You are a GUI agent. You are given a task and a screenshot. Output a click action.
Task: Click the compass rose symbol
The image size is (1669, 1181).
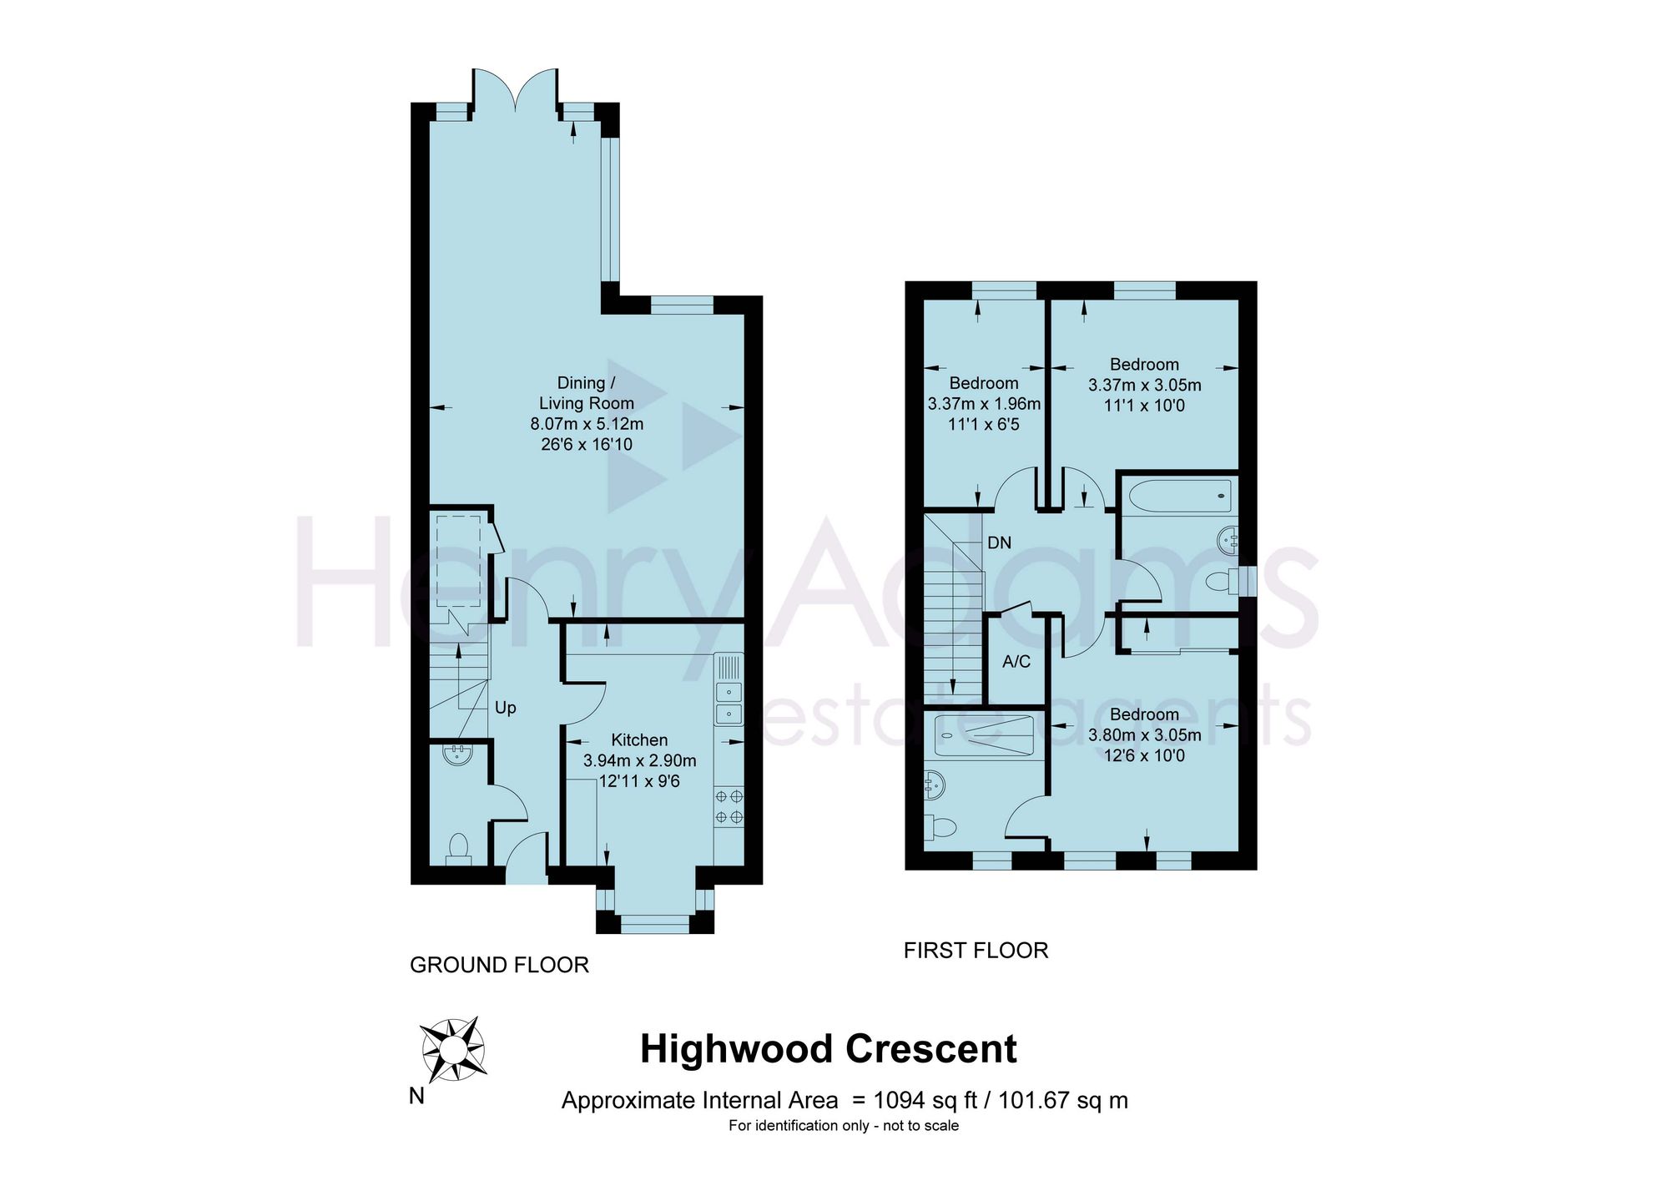(x=453, y=1049)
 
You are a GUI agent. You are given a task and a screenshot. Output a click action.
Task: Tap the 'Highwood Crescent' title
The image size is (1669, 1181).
(x=828, y=1049)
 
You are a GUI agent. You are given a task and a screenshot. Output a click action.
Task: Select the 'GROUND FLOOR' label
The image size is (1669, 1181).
(x=499, y=965)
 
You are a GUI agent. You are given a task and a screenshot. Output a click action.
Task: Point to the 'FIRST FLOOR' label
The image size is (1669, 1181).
(x=976, y=950)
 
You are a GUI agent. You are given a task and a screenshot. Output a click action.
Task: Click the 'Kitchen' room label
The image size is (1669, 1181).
(x=639, y=740)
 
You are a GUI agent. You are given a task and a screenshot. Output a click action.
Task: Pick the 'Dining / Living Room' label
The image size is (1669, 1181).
(x=586, y=393)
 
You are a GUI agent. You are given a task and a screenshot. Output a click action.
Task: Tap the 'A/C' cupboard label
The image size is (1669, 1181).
(x=1016, y=662)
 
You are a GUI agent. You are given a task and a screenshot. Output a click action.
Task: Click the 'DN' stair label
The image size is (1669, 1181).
(x=999, y=543)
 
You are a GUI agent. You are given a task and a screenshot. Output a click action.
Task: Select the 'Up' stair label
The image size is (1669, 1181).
(x=505, y=708)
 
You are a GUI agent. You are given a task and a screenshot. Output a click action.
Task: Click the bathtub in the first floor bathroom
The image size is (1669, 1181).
(x=1178, y=495)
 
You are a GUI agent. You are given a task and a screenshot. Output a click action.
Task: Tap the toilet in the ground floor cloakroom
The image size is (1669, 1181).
(x=458, y=848)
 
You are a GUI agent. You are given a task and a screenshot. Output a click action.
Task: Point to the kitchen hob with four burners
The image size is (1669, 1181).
(x=729, y=807)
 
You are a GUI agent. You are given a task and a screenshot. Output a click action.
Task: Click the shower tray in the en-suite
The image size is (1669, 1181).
(x=984, y=735)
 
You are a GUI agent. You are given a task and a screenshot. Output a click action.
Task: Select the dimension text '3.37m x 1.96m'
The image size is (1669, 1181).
(x=984, y=404)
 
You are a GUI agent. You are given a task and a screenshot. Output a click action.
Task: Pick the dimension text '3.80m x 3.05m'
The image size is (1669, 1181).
(x=1144, y=735)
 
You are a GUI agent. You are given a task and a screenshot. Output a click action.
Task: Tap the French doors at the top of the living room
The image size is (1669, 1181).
(x=516, y=90)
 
